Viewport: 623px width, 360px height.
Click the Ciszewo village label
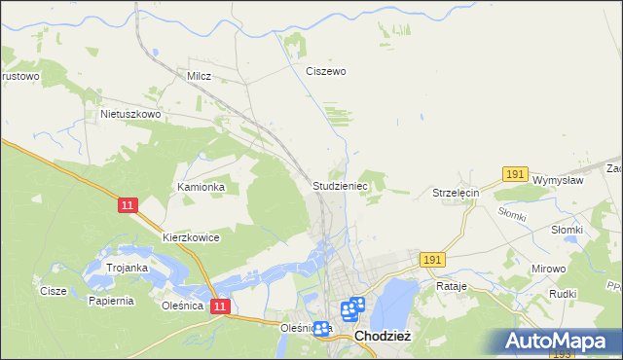pyautogui.click(x=326, y=71)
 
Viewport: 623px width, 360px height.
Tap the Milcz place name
pyautogui.click(x=199, y=74)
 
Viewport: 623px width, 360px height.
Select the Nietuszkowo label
pyautogui.click(x=129, y=114)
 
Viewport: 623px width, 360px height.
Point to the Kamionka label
pyautogui.click(x=201, y=187)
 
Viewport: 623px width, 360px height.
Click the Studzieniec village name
pyautogui.click(x=339, y=185)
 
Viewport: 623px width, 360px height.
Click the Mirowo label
pyautogui.click(x=548, y=267)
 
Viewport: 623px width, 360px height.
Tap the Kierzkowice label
pyautogui.click(x=191, y=237)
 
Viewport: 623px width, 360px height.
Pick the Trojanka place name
pyautogui.click(x=127, y=268)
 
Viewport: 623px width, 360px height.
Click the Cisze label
pyautogui.click(x=53, y=291)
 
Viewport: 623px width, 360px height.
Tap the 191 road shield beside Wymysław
pyautogui.click(x=516, y=173)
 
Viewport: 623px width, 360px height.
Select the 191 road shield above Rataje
pyautogui.click(x=433, y=260)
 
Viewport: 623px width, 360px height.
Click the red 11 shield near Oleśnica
pyautogui.click(x=220, y=306)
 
